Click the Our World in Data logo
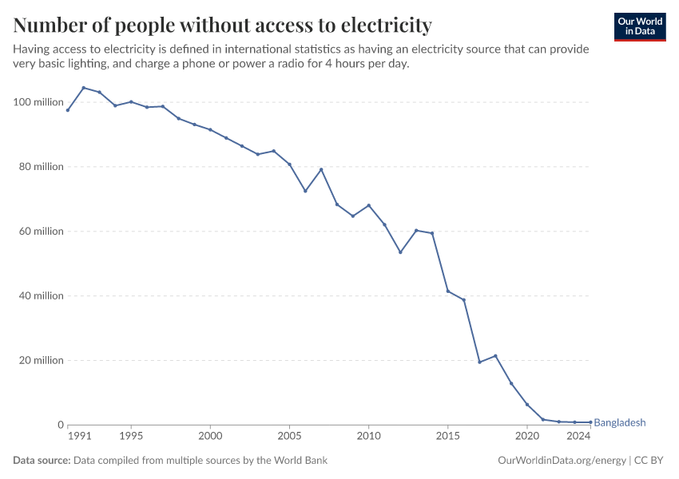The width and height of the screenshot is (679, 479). [x=640, y=27]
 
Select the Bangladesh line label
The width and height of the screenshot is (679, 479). [x=619, y=422]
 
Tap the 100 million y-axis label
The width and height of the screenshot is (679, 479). [x=38, y=102]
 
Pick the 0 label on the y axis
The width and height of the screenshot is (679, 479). [x=61, y=425]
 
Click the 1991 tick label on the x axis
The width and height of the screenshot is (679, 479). [x=80, y=436]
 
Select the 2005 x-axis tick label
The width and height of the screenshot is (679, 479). [x=289, y=436]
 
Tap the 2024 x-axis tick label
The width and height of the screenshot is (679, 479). [x=578, y=436]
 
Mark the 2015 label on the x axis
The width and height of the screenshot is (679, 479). [x=448, y=436]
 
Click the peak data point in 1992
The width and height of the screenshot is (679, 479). [x=84, y=88]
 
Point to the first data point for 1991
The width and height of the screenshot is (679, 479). [x=68, y=110]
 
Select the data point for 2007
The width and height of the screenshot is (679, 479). [x=321, y=169]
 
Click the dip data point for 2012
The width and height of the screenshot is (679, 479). [x=400, y=252]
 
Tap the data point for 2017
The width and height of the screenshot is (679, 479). [x=479, y=362]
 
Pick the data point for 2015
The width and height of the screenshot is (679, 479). [x=448, y=291]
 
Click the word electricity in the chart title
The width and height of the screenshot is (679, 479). [x=387, y=25]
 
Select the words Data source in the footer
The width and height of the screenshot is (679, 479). [x=42, y=461]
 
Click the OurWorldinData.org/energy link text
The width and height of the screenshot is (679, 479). [x=562, y=461]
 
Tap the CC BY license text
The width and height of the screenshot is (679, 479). [x=649, y=461]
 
